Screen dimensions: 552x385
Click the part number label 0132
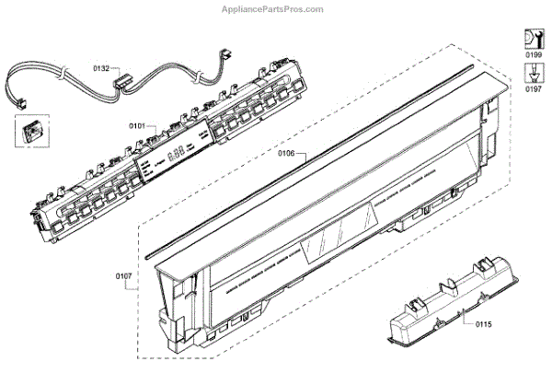(x=101, y=68)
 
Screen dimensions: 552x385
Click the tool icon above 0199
(x=533, y=38)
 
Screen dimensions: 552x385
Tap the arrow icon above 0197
(x=533, y=73)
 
